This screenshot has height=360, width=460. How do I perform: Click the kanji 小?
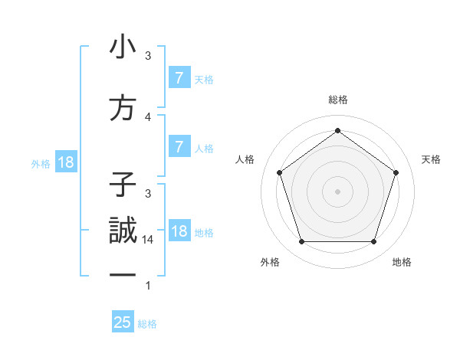point(123,47)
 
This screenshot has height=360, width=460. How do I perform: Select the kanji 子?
point(123,185)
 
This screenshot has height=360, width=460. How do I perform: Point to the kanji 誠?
point(123,231)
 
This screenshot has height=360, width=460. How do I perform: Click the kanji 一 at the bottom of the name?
point(123,273)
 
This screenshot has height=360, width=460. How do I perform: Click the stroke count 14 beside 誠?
point(148,240)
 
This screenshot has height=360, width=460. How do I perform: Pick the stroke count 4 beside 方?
point(148,117)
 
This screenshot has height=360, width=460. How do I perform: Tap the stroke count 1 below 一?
point(148,286)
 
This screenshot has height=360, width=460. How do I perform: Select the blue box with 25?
point(123,322)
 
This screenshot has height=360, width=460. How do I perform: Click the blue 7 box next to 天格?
point(179,77)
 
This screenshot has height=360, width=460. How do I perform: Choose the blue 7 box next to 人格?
point(179,146)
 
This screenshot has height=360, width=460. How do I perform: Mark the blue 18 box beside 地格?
point(179,231)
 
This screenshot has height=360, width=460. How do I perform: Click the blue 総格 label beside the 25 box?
point(147,324)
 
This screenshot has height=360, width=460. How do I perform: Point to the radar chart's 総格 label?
point(337,100)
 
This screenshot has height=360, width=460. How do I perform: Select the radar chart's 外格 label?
point(270,262)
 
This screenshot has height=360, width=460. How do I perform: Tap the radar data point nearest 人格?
point(280,172)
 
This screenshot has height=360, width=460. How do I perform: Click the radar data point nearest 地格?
point(373,242)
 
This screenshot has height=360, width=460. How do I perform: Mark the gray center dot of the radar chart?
point(337,191)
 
